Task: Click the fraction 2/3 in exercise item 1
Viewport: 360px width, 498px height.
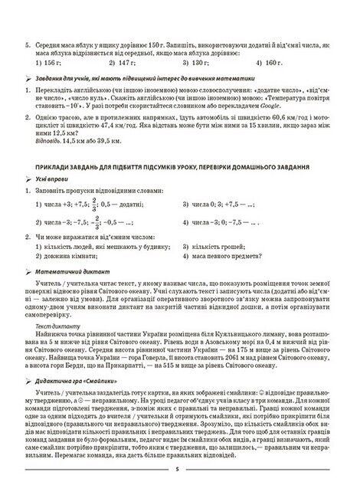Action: coord(95,205)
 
